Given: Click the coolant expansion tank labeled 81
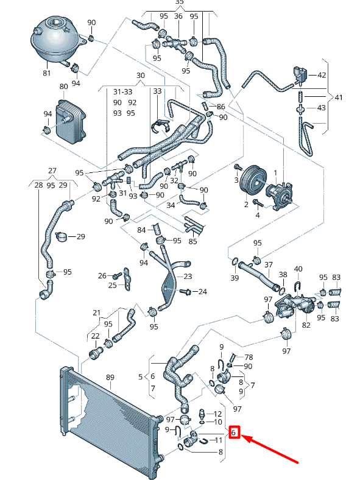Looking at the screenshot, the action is pos(54,40).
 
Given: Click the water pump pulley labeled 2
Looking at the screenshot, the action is pos(252,183).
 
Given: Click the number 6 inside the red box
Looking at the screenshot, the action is pos(234,432).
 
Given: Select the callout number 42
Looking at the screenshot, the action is pos(322,75).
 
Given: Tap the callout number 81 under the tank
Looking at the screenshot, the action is pos(46,73).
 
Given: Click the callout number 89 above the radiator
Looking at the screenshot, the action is pos(110,378).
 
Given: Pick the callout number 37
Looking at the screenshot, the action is pos(268,264).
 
